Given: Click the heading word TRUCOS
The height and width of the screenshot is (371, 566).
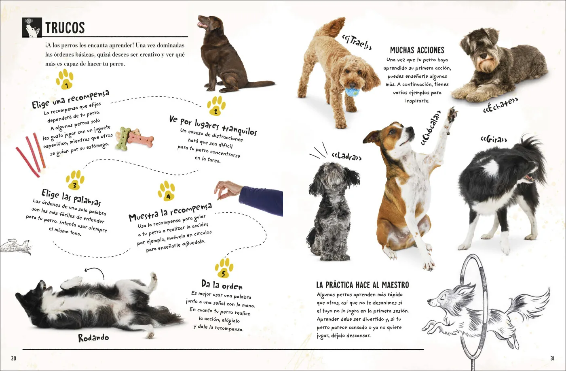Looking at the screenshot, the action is [x=65, y=28].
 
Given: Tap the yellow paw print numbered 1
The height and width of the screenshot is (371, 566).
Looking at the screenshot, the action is [x=65, y=79].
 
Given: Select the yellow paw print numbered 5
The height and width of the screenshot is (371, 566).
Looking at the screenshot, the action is [x=224, y=268].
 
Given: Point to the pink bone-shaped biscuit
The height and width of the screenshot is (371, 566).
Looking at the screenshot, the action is [x=141, y=139].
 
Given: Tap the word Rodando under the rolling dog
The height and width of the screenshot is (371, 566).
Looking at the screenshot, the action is [x=93, y=338].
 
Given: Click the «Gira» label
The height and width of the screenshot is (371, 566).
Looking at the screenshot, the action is [x=494, y=139].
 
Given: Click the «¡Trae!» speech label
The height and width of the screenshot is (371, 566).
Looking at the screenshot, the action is [x=357, y=42].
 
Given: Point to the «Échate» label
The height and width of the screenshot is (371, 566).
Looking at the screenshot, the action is [x=501, y=105].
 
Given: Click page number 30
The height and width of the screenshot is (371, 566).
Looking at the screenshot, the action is [x=14, y=358].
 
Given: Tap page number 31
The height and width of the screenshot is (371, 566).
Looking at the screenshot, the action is [x=552, y=358].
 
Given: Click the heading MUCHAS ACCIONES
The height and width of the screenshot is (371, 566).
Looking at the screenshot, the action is [x=417, y=50].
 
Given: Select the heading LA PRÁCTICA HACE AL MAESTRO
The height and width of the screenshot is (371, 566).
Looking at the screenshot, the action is [x=363, y=285].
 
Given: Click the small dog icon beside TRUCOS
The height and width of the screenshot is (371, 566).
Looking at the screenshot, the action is [x=32, y=28].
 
